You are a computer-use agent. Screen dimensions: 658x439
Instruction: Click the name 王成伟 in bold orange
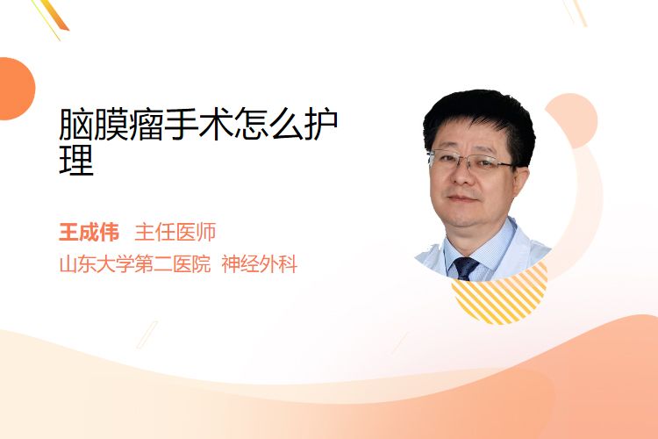pos(89,233)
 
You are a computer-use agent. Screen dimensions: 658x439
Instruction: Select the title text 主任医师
pos(175,233)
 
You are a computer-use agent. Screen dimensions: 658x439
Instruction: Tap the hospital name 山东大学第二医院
pos(135,264)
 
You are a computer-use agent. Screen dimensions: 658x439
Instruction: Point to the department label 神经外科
pos(260,264)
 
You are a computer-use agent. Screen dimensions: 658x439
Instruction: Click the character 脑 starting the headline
pos(75,125)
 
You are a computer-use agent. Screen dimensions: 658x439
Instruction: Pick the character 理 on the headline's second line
pos(76,159)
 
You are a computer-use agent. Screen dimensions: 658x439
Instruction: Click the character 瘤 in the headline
pos(146,125)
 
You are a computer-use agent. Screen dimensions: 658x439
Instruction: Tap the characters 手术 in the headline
pos(198,125)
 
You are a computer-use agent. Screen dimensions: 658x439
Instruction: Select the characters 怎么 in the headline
pos(268,125)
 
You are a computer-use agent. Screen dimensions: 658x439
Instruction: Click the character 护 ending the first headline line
pos(321,125)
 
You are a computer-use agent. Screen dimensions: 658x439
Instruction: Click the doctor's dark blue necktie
pos(465,268)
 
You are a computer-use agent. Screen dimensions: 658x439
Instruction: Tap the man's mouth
pos(461,198)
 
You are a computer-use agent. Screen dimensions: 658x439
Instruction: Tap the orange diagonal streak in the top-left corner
pos(52,18)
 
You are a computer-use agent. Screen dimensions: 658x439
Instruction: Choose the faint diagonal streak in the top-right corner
pos(575,12)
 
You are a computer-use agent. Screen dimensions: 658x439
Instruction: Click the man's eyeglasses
pos(469,162)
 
